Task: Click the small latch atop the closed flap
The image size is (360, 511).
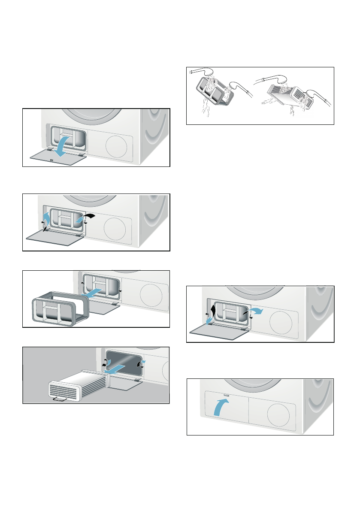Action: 226,393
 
